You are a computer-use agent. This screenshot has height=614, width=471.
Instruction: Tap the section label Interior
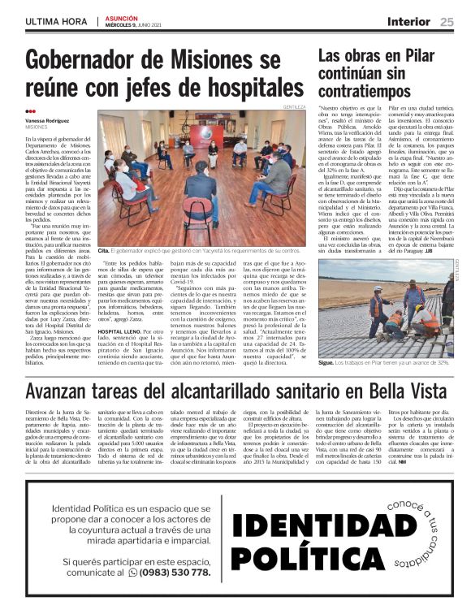pos(408,22)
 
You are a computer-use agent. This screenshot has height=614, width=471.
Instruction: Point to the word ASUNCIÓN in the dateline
pos(122,18)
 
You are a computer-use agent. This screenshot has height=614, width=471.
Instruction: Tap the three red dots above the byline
pos(30,112)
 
